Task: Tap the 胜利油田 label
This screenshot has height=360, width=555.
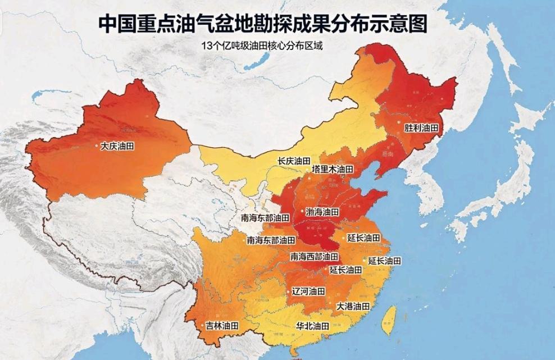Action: coord(421,128)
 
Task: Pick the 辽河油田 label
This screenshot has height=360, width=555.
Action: coord(309,291)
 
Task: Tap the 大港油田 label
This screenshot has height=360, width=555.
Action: coord(353,307)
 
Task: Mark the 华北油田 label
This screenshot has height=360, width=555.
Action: coord(313,326)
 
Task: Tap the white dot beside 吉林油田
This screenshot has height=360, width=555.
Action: coord(202,326)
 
